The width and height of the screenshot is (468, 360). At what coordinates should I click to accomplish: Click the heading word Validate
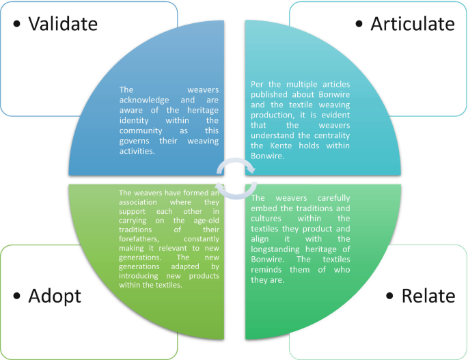pos(62,24)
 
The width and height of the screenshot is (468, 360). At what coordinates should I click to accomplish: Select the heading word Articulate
pos(412,24)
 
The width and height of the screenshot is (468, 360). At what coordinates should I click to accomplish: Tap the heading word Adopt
pos(54,296)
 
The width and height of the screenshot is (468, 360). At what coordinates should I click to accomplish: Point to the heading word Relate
pos(428,296)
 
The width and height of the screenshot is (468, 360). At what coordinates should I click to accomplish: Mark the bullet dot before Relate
pos(390,296)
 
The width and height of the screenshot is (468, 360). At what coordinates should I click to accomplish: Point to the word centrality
pos(328,135)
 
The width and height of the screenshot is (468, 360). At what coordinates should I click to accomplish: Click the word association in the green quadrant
pos(139,202)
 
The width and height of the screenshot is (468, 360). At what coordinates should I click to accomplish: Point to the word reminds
pos(266,270)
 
